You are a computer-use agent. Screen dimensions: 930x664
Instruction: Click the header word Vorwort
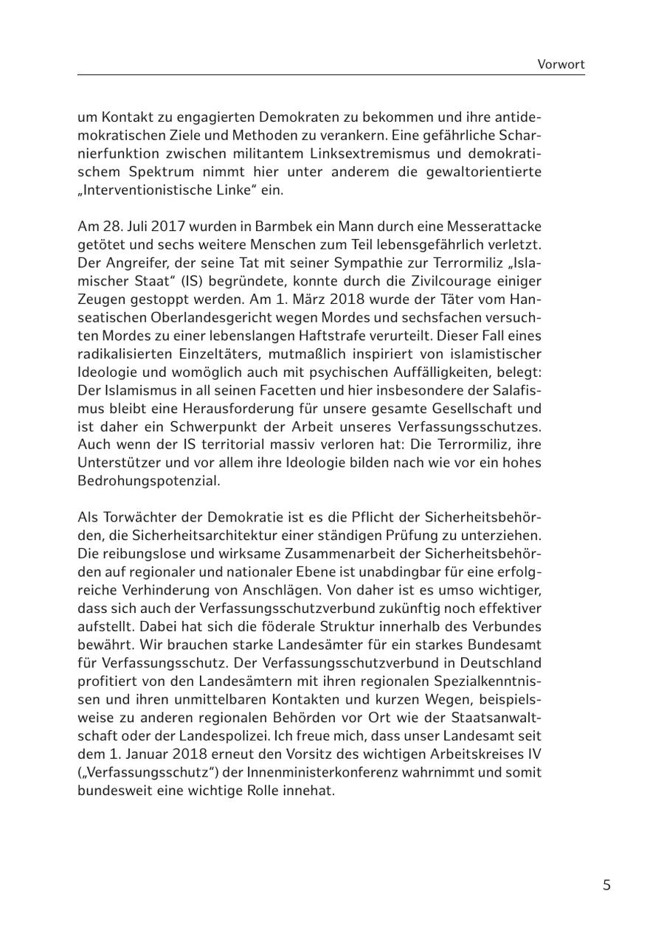561,64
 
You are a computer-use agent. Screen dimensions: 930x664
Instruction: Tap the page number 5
606,886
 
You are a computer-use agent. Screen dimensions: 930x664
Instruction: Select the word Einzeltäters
210,354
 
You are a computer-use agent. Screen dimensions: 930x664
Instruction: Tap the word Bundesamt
505,645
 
